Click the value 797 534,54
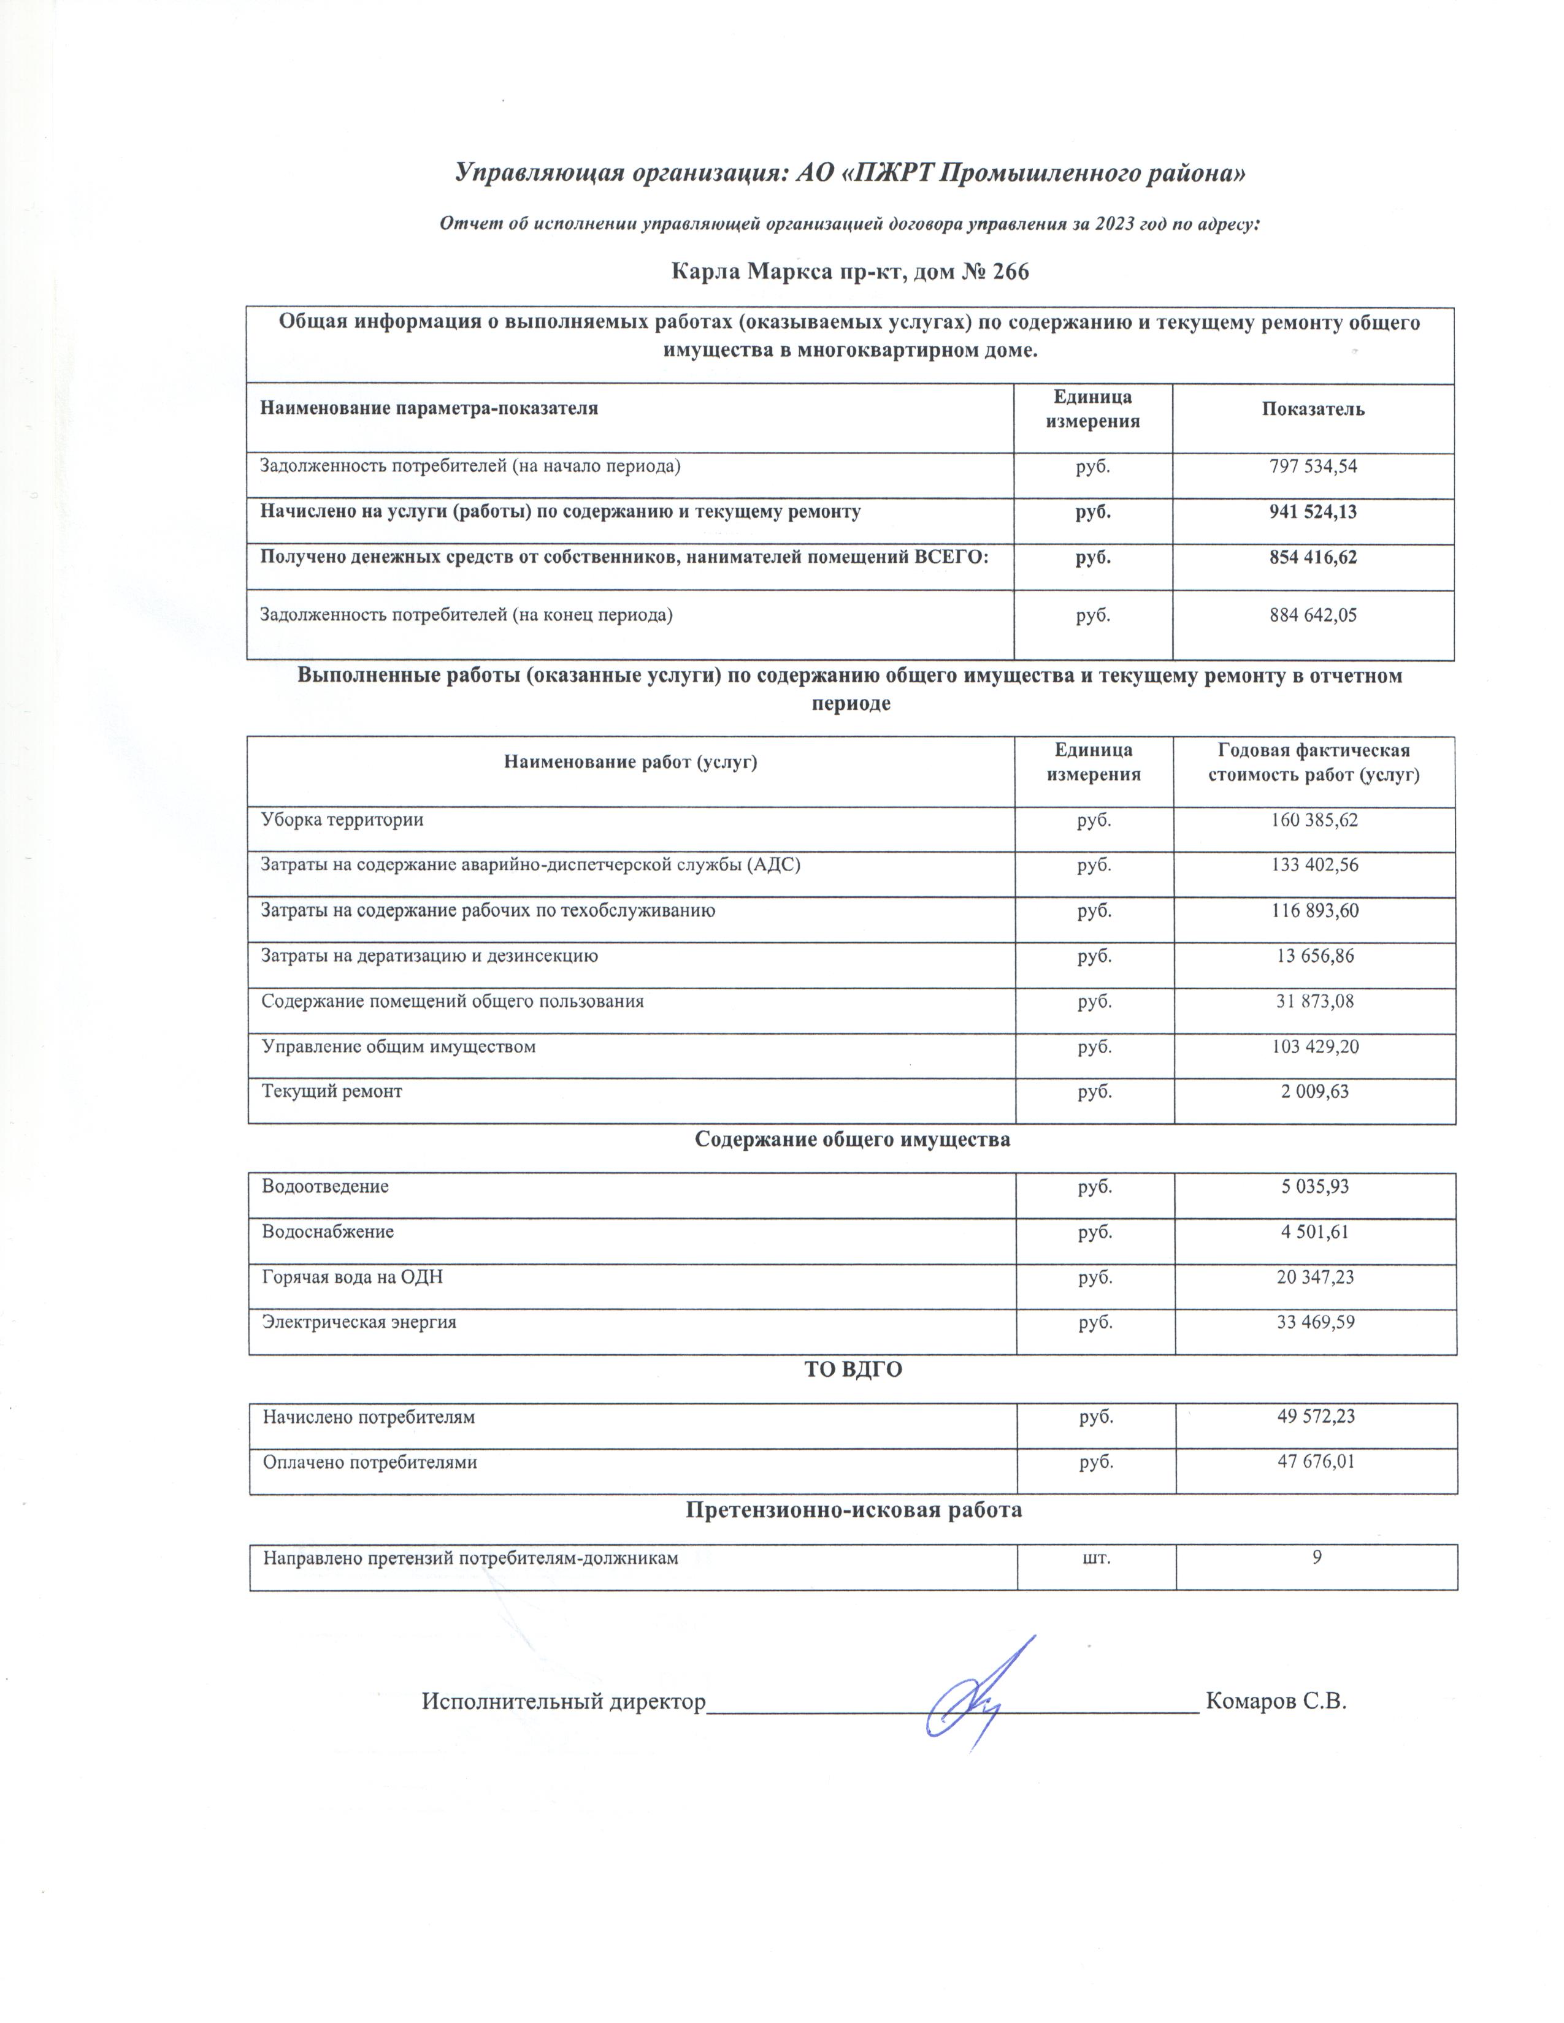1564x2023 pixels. click(x=1312, y=467)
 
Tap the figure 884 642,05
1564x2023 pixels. click(x=1312, y=614)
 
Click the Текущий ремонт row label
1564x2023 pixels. click(x=332, y=1091)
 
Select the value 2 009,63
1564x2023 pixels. click(x=1315, y=1091)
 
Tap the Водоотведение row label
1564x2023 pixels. click(x=325, y=1187)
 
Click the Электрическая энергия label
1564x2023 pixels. click(x=359, y=1322)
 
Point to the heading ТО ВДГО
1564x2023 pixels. click(x=853, y=1369)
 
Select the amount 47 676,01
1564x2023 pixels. click(x=1316, y=1463)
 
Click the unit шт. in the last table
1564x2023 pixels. click(x=1097, y=1557)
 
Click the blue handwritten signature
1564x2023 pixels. click(x=973, y=1700)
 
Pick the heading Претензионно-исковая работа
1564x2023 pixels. click(x=853, y=1510)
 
